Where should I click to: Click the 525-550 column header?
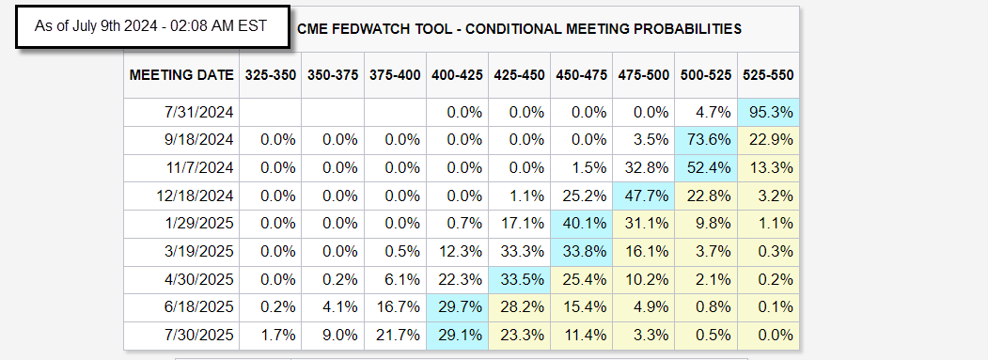769,74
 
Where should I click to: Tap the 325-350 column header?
271,74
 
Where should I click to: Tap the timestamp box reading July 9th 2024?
149,26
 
